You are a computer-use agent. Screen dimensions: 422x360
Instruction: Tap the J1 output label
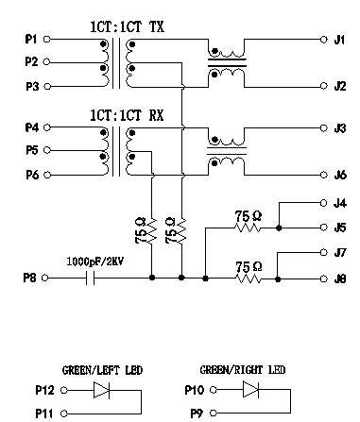point(339,40)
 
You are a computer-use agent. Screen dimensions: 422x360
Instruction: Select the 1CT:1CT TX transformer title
point(127,28)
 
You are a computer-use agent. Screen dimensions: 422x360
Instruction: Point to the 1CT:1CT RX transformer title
point(127,115)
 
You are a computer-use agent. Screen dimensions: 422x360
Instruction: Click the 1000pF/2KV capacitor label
point(95,260)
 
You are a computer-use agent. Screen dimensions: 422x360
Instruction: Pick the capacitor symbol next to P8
point(92,279)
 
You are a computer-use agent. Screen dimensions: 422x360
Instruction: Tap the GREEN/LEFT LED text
point(102,371)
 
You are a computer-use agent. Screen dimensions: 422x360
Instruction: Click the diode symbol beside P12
point(100,389)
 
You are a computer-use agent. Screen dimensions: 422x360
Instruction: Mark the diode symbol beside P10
point(240,389)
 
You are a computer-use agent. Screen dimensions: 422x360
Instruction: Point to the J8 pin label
point(339,279)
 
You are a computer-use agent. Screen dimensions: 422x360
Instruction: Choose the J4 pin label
point(339,202)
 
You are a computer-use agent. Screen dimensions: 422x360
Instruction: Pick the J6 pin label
point(339,174)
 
